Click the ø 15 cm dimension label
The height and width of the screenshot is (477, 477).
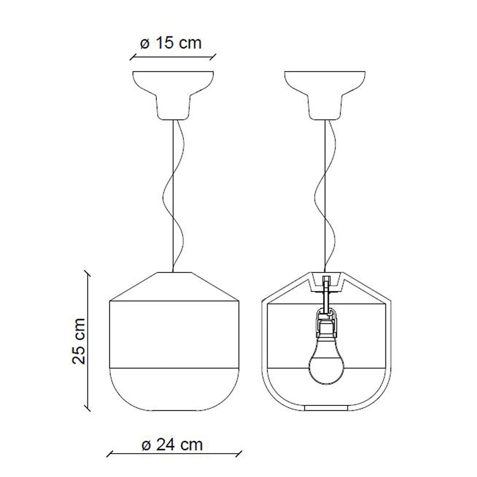coord(171,43)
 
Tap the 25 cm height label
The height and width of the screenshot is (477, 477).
coord(79,341)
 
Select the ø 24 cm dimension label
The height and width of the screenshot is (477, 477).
coord(172,445)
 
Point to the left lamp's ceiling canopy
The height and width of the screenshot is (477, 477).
coord(173,95)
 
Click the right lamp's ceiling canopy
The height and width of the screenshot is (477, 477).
coord(325,95)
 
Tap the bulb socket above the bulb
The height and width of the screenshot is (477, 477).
coord(326,323)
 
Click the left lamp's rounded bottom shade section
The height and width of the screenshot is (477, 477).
coord(174,390)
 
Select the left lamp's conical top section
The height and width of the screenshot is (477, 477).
coord(174,286)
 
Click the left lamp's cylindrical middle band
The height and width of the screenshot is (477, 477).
coord(174,334)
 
